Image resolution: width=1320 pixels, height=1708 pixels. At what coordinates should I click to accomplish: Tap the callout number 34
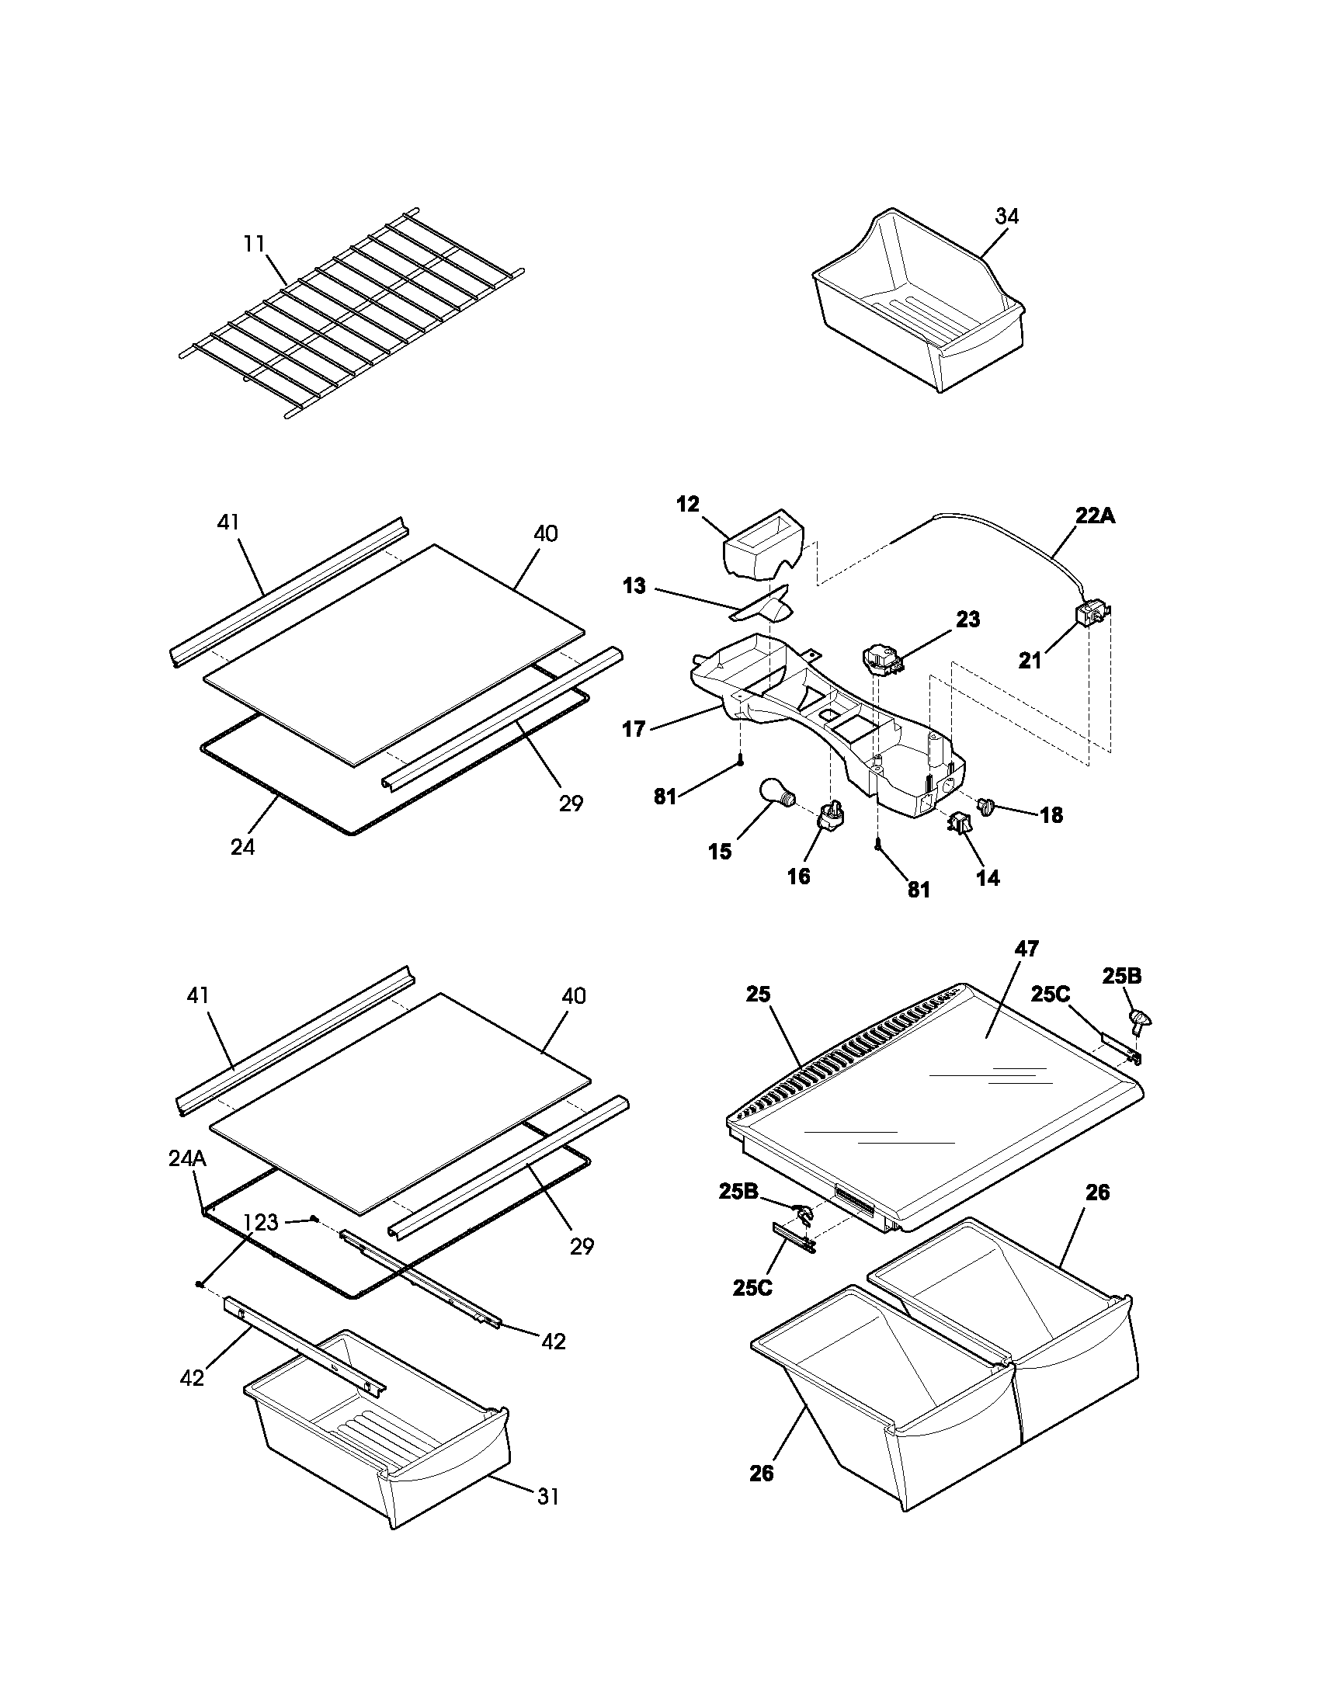click(1007, 217)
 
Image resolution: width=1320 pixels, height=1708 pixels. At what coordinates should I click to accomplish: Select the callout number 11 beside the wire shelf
click(254, 243)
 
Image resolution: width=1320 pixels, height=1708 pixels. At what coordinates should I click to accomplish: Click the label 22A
click(1096, 516)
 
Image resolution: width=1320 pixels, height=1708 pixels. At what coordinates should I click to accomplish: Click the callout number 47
click(1026, 949)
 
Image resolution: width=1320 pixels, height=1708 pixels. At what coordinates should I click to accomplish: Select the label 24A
click(187, 1159)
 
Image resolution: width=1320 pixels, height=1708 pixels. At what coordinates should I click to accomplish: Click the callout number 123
click(260, 1222)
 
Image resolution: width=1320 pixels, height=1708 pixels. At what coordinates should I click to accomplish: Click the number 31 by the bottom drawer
click(548, 1496)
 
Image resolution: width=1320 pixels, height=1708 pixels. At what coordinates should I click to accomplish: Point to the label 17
click(634, 729)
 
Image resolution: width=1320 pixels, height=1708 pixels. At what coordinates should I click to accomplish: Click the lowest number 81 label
click(919, 890)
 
